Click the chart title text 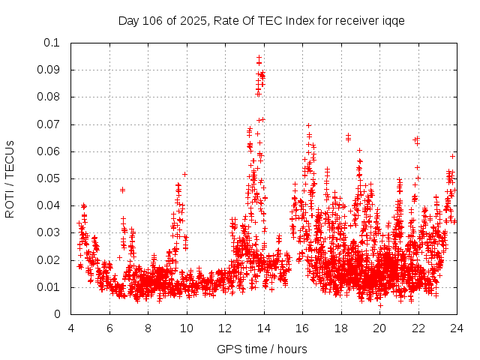tap(261, 20)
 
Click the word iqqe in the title tap(393, 20)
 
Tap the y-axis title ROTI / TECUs tap(10, 178)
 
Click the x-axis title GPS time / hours tap(261, 349)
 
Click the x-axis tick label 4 tap(70, 328)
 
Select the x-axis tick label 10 tap(186, 328)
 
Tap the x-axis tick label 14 tap(263, 328)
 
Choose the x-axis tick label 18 tap(340, 328)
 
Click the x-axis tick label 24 tap(456, 328)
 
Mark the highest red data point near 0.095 tap(259, 57)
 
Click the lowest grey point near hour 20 tap(380, 305)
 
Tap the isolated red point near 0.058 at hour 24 tap(452, 156)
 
